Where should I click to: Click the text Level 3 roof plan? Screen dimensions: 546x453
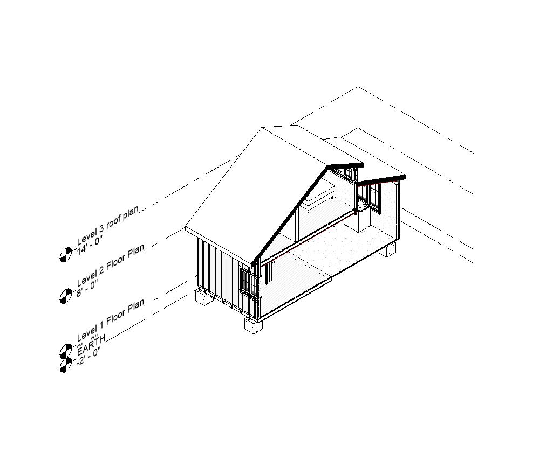[x=108, y=224]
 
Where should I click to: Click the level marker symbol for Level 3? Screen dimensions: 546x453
[x=65, y=254]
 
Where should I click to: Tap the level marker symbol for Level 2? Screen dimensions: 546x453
[x=65, y=295]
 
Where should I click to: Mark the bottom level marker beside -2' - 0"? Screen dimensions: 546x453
[x=65, y=365]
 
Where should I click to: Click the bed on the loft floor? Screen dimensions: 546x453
[x=319, y=196]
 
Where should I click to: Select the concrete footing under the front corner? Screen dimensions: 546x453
[x=252, y=325]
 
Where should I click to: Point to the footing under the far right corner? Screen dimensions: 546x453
[x=388, y=249]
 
